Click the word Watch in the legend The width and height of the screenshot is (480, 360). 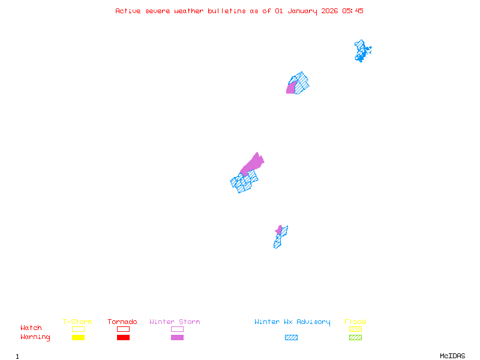[31, 328]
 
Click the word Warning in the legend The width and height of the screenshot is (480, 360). [35, 337]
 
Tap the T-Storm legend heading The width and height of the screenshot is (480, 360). [77, 322]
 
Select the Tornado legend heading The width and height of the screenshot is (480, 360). [122, 322]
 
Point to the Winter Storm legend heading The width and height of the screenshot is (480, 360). [175, 322]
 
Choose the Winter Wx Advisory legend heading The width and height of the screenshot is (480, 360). [292, 322]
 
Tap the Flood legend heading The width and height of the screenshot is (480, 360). [355, 322]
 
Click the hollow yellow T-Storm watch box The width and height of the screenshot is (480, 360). [78, 329]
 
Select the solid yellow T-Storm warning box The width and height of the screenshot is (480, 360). [78, 337]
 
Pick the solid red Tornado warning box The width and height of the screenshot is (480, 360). [123, 337]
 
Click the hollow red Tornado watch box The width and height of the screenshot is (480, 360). [123, 329]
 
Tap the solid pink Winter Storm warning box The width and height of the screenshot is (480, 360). [177, 337]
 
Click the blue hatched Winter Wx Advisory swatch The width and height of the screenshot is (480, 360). [291, 337]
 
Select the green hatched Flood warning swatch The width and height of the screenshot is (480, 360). [355, 337]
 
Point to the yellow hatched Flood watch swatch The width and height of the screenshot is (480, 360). [355, 329]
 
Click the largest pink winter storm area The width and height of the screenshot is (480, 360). [253, 163]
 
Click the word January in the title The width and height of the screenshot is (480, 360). [300, 11]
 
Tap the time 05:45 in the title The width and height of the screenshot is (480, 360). [353, 11]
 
